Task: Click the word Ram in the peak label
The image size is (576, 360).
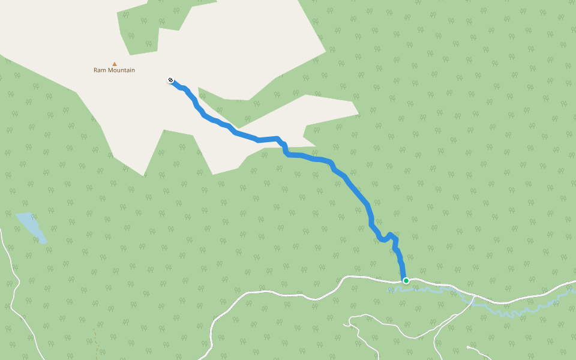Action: tap(100, 70)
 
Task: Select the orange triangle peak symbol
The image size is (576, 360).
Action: tap(114, 64)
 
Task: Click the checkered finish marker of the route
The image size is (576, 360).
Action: tap(170, 80)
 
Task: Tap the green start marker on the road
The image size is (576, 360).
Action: tap(406, 280)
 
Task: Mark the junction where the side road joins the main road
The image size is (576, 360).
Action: tap(474, 298)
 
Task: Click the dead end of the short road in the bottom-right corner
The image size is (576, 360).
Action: tap(467, 347)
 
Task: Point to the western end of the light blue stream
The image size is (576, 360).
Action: tap(390, 290)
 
